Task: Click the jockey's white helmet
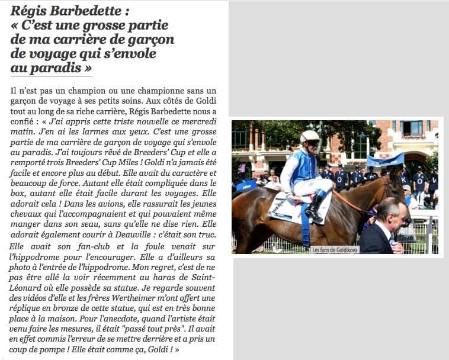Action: [310, 137]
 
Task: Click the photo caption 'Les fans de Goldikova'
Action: [335, 249]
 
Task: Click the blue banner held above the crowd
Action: [386, 160]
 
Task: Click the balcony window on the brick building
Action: [413, 128]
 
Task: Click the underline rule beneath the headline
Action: [52, 76]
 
